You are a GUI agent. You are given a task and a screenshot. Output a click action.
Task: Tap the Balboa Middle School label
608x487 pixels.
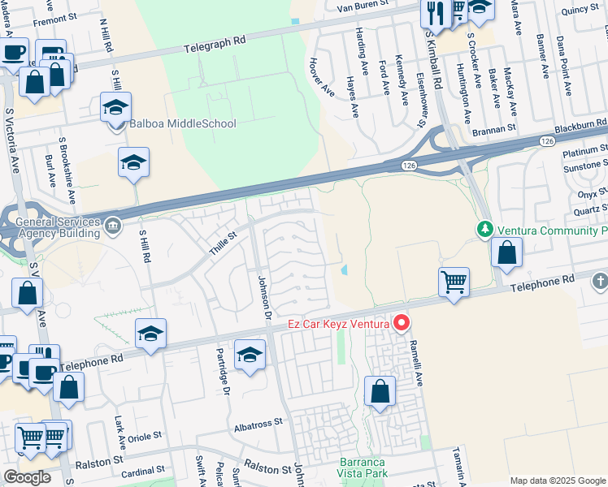tap(183, 124)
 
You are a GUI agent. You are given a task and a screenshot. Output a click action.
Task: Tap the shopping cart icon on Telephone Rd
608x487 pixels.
tap(454, 282)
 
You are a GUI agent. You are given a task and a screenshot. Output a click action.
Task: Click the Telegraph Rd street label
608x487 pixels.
tap(215, 43)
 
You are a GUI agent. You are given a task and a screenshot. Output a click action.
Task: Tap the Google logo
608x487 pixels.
tap(26, 477)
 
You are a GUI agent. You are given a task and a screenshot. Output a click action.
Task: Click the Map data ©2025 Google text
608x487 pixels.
tap(557, 481)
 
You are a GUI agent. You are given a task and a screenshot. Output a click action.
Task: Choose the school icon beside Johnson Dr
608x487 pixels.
tap(250, 354)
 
